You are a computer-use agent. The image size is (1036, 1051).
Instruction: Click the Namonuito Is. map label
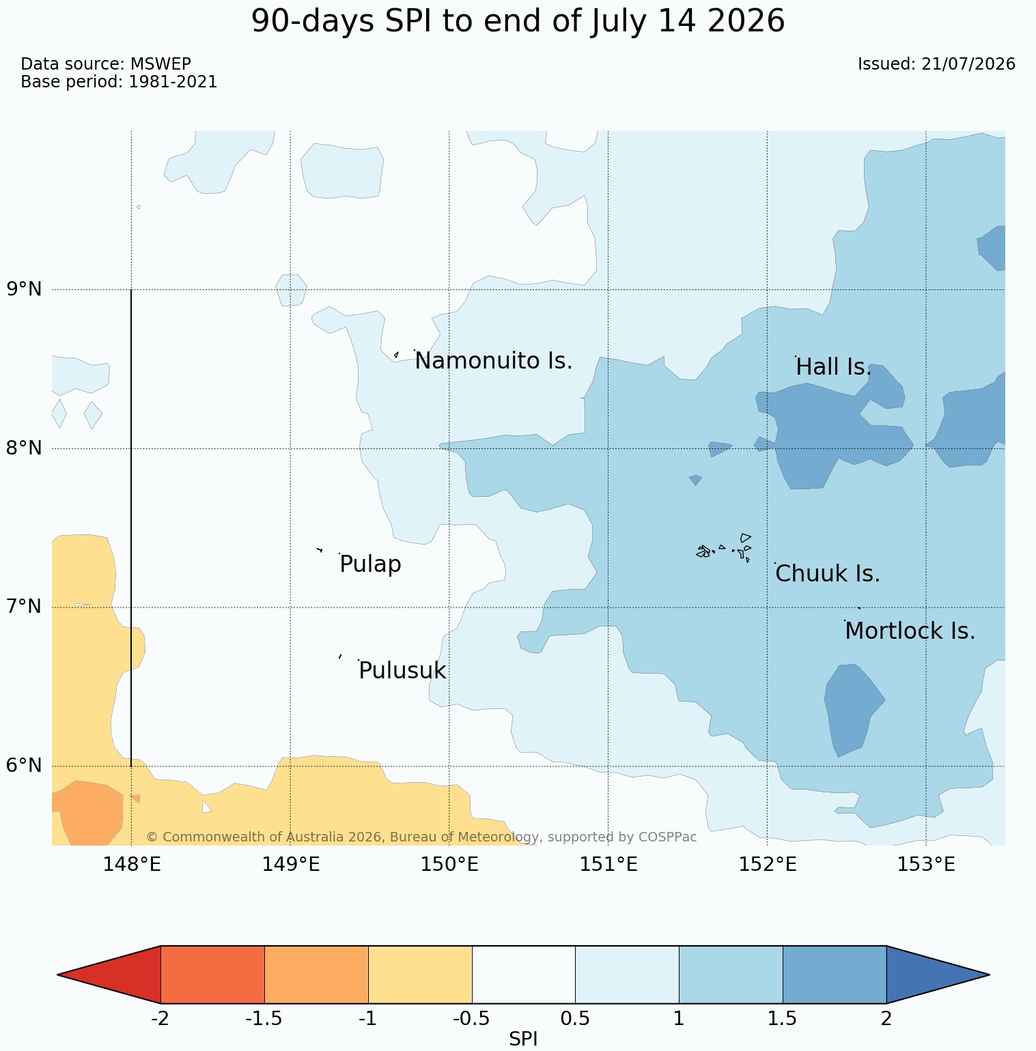[494, 361]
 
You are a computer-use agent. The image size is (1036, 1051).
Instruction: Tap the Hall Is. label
[834, 367]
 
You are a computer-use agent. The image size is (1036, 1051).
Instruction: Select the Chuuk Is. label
[828, 574]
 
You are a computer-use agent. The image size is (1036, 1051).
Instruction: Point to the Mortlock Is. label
[910, 631]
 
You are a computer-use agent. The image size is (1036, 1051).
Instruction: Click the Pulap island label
[370, 565]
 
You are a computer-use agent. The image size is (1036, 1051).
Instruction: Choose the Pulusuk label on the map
[402, 671]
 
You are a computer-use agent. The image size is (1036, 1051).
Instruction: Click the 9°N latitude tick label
[25, 289]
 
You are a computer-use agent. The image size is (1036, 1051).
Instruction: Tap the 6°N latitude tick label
[25, 766]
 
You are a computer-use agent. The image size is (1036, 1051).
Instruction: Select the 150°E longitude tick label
[449, 865]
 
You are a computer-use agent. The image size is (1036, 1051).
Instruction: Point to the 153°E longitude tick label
[926, 865]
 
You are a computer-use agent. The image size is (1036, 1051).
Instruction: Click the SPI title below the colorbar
[523, 1039]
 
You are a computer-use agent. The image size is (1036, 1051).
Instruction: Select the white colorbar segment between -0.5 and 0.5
[524, 975]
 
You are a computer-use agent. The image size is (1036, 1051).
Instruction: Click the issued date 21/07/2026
[968, 64]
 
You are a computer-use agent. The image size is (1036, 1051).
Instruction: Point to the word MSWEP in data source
[160, 64]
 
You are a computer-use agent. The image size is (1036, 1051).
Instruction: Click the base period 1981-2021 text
[173, 82]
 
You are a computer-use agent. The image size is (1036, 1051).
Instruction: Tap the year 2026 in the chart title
[746, 21]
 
